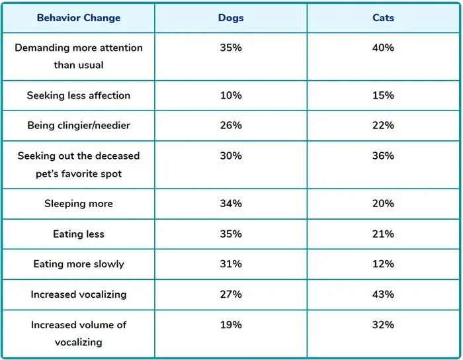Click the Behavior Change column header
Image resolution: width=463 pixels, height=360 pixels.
[x=79, y=18]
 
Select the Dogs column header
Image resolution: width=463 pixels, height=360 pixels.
[x=231, y=18]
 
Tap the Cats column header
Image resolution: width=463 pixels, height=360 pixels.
[x=383, y=18]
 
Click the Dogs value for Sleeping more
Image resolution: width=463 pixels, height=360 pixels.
[x=231, y=204]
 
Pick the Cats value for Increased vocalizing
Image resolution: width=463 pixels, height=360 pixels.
[x=383, y=294]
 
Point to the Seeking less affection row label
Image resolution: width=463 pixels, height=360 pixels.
[x=79, y=95]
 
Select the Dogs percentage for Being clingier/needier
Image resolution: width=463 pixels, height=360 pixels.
[x=231, y=125]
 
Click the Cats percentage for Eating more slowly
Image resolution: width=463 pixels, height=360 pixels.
[x=383, y=264]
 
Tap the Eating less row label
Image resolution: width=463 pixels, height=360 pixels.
[x=79, y=234]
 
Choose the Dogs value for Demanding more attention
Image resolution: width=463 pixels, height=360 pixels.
[x=231, y=48]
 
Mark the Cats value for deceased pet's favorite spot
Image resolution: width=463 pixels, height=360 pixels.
[x=383, y=156]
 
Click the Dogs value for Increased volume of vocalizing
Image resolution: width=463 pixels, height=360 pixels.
[x=231, y=325]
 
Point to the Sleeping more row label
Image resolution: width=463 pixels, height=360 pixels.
[x=79, y=204]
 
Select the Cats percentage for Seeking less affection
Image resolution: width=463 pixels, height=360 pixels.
[x=383, y=95]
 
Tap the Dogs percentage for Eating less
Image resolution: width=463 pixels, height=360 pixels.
[x=231, y=234]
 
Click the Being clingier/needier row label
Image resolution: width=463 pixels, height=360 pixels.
[x=79, y=125]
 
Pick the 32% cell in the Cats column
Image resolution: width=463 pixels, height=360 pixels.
[x=383, y=325]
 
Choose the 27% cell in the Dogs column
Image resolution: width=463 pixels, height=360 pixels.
[x=231, y=294]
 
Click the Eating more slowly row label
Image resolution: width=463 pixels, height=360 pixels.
[x=79, y=264]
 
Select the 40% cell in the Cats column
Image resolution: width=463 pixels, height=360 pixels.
[x=383, y=48]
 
